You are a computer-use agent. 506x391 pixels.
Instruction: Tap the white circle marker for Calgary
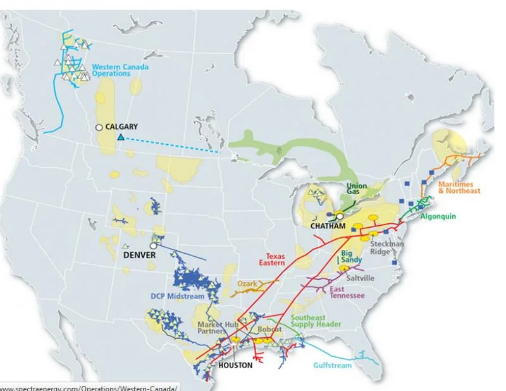pos(99,127)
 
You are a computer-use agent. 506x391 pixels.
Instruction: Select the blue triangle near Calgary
pos(120,137)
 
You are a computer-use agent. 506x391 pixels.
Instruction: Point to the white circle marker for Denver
pos(153,245)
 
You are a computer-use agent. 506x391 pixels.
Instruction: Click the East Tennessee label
pos(346,293)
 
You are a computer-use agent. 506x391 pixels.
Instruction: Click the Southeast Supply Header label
pos(316,321)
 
